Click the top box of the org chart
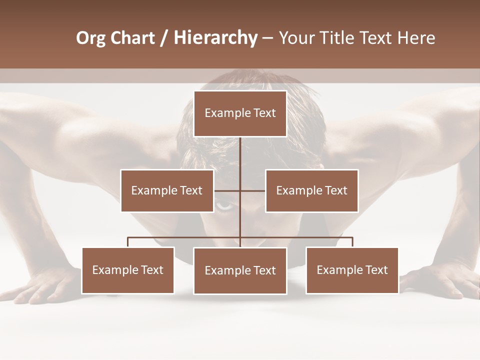pyautogui.click(x=240, y=113)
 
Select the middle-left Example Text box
pyautogui.click(x=167, y=190)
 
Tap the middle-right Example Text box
pyautogui.click(x=311, y=190)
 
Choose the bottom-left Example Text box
pyautogui.click(x=128, y=270)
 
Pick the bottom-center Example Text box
pyautogui.click(x=240, y=270)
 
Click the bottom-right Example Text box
pyautogui.click(x=352, y=270)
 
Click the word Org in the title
pyautogui.click(x=90, y=38)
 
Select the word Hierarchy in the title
pyautogui.click(x=215, y=38)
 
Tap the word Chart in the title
pyautogui.click(x=132, y=38)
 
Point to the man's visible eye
pyautogui.click(x=224, y=205)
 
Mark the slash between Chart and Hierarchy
pyautogui.click(x=164, y=38)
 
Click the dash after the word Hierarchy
pyautogui.click(x=267, y=38)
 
